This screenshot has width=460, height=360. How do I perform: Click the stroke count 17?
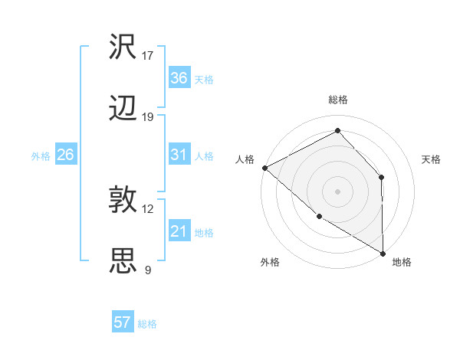tap(148, 56)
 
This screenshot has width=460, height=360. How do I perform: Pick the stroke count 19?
tap(148, 117)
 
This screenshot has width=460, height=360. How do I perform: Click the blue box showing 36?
tap(179, 78)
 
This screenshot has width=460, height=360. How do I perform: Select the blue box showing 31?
tap(179, 155)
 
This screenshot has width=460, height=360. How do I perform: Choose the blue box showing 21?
tap(179, 232)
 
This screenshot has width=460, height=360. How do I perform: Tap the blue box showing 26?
tap(65, 155)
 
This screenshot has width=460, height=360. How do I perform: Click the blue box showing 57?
tap(123, 322)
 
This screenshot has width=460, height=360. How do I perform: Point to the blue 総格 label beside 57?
tap(147, 324)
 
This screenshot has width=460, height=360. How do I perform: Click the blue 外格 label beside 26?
tap(41, 156)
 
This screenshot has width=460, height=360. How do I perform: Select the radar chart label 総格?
tap(338, 100)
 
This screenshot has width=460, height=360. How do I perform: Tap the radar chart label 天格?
tap(432, 159)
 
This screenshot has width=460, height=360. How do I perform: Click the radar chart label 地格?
tap(402, 262)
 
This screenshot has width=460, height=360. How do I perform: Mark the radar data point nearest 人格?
tap(264, 168)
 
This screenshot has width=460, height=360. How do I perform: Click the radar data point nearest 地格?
tap(383, 253)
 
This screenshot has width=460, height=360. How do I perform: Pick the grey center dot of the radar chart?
tap(337, 191)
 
